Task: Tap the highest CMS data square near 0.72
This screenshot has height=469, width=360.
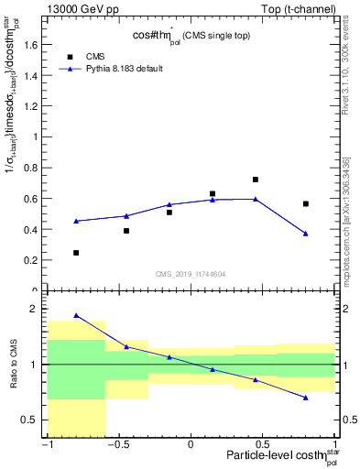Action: click(256, 180)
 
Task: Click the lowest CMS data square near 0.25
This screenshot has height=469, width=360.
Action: click(76, 253)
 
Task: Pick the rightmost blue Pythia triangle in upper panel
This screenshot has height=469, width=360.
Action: click(306, 234)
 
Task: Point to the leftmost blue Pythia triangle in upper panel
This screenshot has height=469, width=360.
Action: click(76, 221)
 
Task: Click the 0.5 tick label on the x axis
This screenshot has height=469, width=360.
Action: click(263, 445)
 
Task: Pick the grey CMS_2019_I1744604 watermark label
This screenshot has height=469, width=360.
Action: click(191, 274)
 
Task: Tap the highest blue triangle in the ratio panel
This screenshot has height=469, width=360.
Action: click(76, 315)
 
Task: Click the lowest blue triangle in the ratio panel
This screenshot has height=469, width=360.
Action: click(306, 398)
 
